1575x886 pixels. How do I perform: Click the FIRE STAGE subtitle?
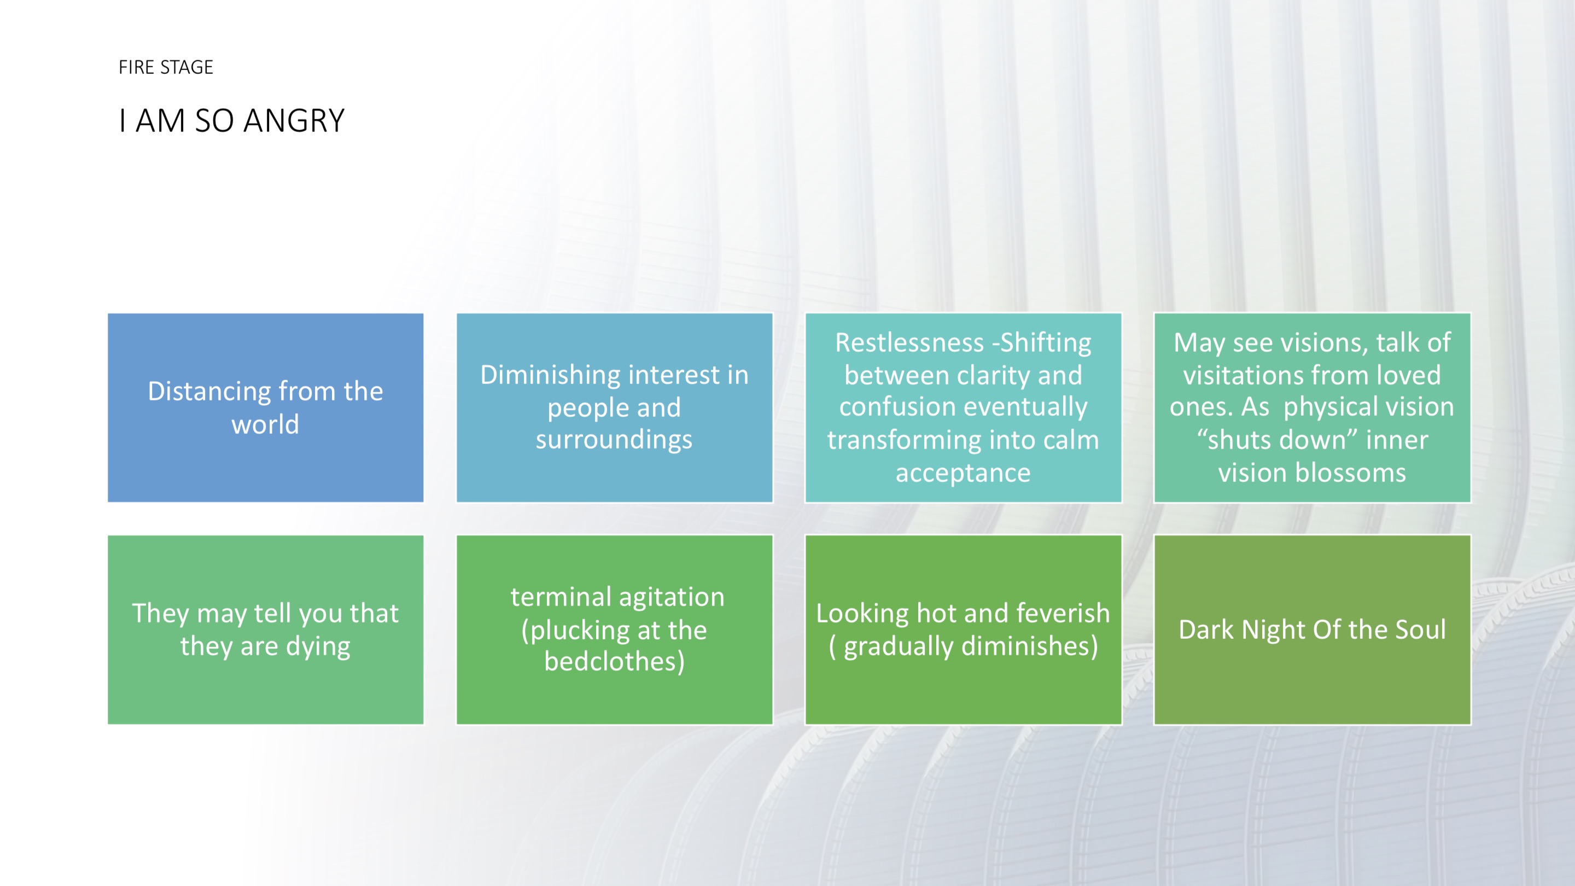click(166, 67)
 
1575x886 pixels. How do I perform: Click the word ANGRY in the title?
click(294, 120)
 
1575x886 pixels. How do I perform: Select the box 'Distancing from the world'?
click(265, 408)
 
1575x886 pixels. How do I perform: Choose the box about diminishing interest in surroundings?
click(615, 408)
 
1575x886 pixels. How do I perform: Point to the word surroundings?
click(614, 440)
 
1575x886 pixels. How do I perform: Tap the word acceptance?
click(963, 473)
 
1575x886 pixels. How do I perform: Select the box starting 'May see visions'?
click(1312, 408)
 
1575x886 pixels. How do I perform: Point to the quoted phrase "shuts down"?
click(1275, 440)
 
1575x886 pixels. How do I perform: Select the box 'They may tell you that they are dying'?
click(265, 630)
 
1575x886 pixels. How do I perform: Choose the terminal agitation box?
click(615, 630)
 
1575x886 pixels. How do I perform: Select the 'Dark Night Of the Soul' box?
click(1312, 630)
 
